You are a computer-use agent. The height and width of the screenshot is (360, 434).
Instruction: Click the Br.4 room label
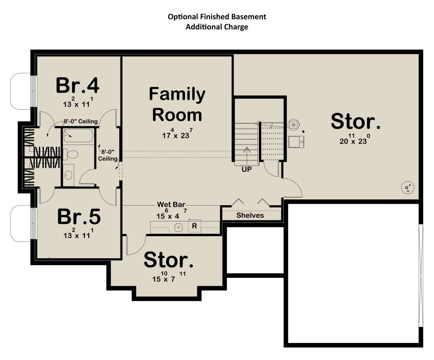[x=77, y=85]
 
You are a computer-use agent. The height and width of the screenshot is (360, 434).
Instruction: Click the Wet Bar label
[x=171, y=204]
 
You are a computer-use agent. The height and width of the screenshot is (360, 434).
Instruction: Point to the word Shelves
[x=250, y=215]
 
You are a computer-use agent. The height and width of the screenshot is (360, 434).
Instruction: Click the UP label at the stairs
[x=247, y=169]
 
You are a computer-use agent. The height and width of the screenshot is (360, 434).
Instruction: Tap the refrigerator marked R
[x=194, y=226]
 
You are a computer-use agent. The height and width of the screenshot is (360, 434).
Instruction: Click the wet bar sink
[x=179, y=227]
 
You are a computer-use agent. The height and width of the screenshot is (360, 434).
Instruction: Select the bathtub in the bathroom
[x=78, y=136]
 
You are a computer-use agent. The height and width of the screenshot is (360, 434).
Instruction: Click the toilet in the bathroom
[x=71, y=154]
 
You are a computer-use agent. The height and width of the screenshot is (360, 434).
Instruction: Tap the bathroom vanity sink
[x=68, y=175]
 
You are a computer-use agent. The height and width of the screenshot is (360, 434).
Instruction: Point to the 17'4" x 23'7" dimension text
[x=177, y=134]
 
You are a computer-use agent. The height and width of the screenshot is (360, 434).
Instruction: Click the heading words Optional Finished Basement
[x=217, y=17]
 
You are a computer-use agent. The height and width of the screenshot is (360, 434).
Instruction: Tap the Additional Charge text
[x=217, y=27]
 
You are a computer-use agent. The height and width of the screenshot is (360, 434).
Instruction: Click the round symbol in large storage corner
[x=407, y=187]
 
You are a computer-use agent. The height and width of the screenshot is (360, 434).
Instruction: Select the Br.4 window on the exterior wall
[x=33, y=91]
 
